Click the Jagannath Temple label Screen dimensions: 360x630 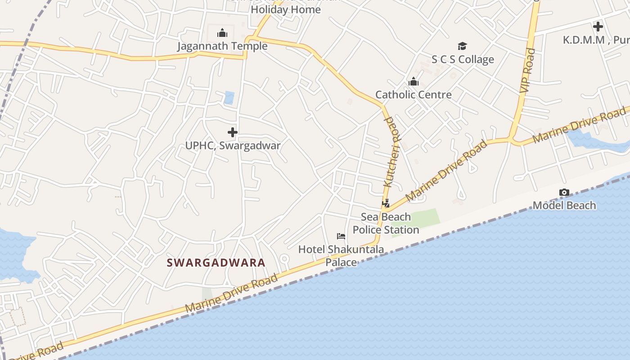222,46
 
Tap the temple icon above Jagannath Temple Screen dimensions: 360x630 222,33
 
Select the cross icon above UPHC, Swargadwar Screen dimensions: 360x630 233,132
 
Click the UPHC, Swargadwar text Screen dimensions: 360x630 233,146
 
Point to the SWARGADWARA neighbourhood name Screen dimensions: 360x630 216,263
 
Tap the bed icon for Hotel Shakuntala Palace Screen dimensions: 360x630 341,236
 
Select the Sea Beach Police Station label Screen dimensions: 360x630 386,223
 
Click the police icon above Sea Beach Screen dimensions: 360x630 386,203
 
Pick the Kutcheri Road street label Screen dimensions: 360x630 390,152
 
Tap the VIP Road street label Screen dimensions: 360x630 527,71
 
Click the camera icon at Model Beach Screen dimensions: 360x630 564,193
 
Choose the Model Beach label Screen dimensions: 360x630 564,206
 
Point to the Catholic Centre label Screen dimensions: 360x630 413,95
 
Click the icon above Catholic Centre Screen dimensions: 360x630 413,82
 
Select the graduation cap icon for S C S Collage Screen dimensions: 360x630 462,46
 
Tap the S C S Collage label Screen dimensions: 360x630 463,59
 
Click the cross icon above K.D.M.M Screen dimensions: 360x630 598,27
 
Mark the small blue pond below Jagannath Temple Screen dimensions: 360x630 229,98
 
